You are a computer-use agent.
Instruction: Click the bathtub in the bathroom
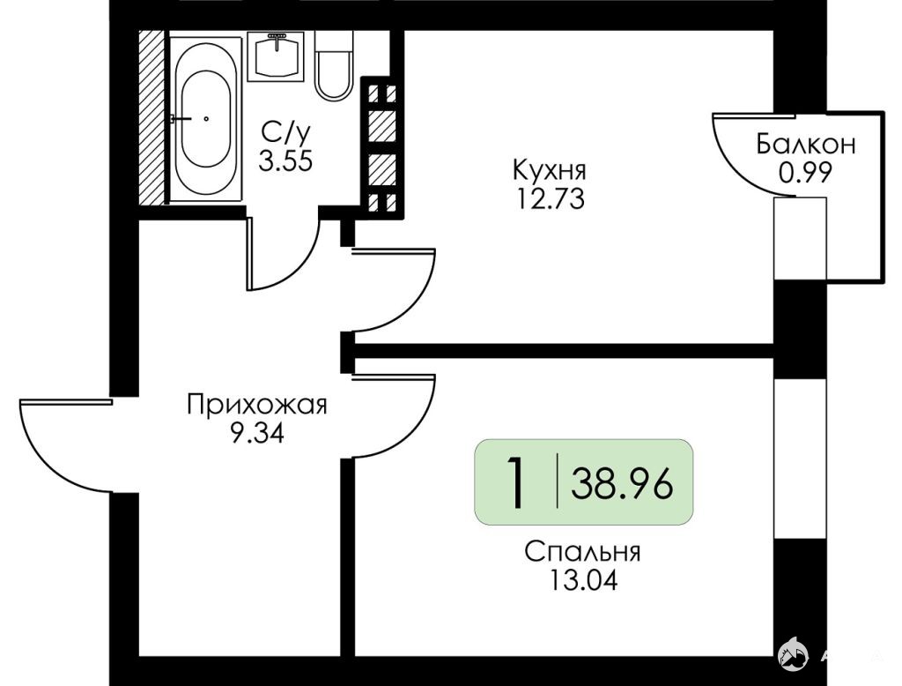pos(205,119)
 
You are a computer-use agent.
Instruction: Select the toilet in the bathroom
pos(334,65)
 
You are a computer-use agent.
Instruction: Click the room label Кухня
pos(550,170)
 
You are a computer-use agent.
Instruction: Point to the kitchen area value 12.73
pos(551,199)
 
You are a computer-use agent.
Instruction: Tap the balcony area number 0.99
pos(805,172)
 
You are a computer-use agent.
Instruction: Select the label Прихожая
pos(256,406)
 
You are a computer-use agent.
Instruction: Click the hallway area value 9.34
pos(256,433)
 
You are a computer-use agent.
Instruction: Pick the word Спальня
pos(582,552)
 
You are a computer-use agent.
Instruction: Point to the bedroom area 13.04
pos(583,580)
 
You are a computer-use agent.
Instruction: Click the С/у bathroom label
pos(285,133)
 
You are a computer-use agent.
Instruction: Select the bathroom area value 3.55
pos(285,161)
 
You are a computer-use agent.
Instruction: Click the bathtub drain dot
pos(206,119)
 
